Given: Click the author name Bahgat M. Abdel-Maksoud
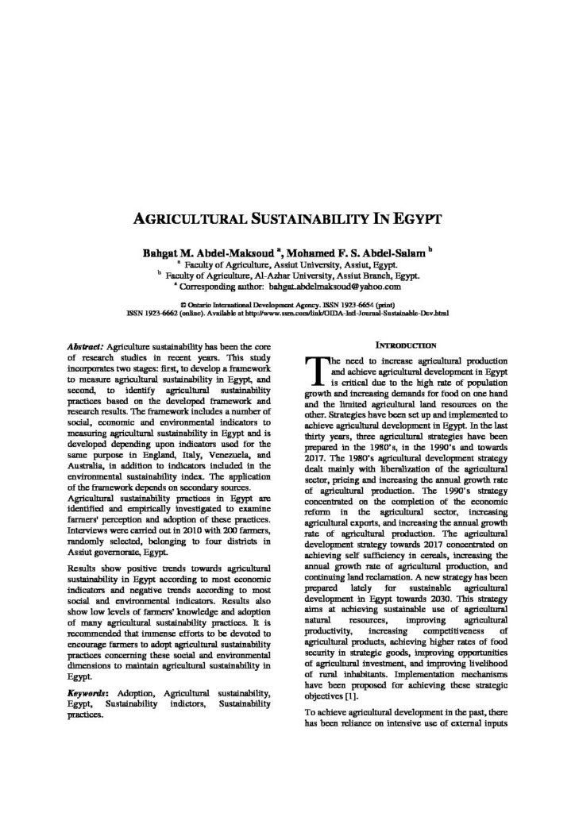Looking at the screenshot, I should (x=198, y=252).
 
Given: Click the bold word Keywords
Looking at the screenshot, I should (x=88, y=694).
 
